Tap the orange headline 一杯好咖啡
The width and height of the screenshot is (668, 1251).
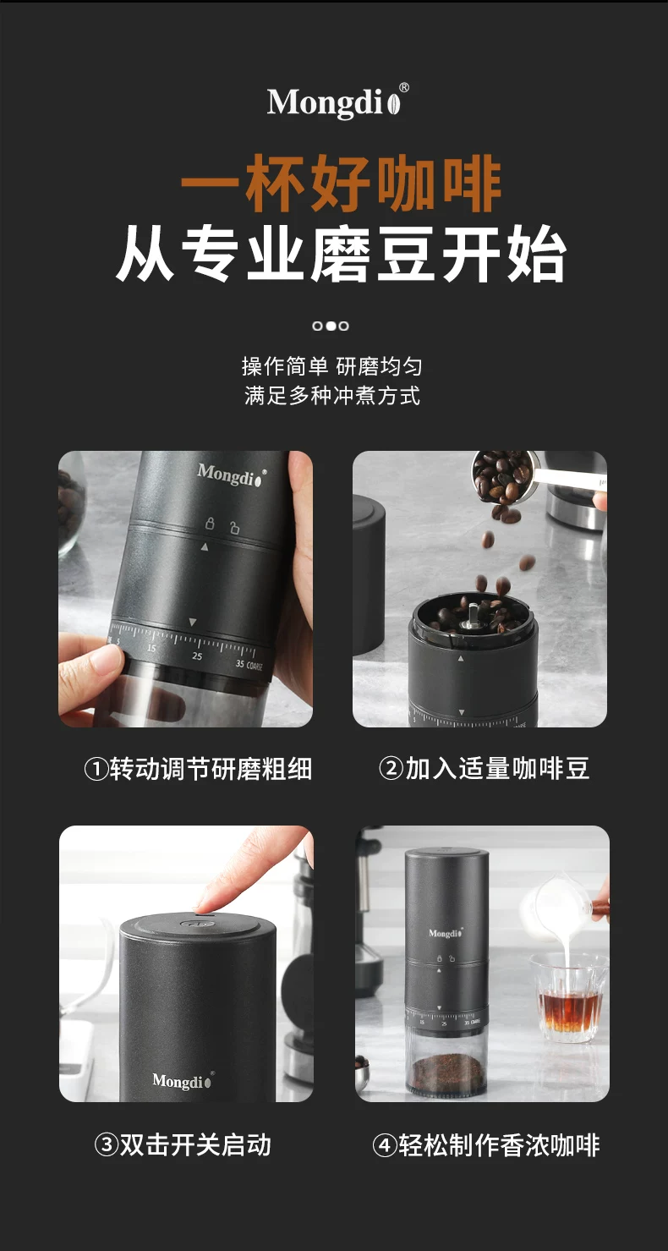point(341,184)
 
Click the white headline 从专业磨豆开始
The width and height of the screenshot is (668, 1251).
point(341,254)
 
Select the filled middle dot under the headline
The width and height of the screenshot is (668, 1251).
point(331,326)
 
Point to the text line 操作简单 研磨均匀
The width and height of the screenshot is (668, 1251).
point(331,366)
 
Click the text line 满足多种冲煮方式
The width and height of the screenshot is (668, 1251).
point(331,395)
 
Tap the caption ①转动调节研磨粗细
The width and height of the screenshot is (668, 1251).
point(198,769)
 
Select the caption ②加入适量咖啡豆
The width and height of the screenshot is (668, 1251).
point(485,769)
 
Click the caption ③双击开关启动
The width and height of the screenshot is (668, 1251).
point(183,1145)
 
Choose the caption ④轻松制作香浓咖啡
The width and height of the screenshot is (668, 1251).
point(486,1145)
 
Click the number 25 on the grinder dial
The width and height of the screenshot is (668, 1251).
point(197,656)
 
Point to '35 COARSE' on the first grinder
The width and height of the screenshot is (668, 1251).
point(249,665)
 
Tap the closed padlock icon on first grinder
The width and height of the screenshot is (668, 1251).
point(210,524)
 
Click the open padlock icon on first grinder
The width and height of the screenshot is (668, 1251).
point(234,527)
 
